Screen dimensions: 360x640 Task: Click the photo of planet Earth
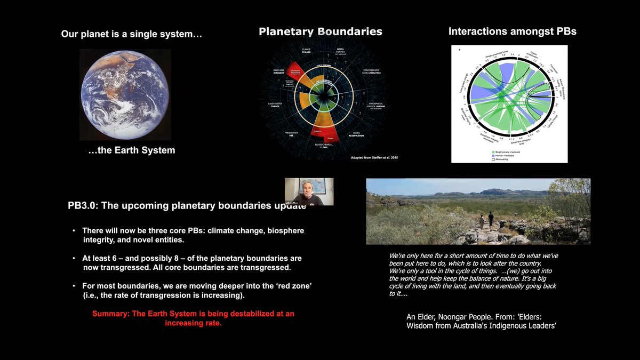pyautogui.click(x=125, y=94)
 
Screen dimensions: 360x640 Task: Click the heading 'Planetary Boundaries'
pyautogui.click(x=320, y=31)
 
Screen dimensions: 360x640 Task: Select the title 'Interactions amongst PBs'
pyautogui.click(x=512, y=31)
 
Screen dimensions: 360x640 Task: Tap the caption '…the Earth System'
pyautogui.click(x=131, y=150)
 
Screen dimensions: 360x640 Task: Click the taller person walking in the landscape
pyautogui.click(x=490, y=220)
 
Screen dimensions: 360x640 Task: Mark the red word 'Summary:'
pyautogui.click(x=110, y=314)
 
